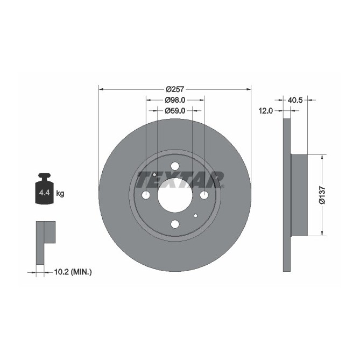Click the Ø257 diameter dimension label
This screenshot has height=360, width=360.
[x=175, y=89]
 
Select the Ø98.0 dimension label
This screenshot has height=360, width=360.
[x=175, y=100]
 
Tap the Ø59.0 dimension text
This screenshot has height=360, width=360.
[x=175, y=110]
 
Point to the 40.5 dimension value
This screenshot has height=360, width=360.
[x=295, y=100]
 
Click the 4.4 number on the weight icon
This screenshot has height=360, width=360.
[x=43, y=193]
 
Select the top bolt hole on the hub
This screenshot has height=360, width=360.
[x=175, y=166]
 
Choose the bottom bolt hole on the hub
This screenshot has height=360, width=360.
[x=175, y=224]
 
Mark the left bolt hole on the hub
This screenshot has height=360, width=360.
[x=146, y=195]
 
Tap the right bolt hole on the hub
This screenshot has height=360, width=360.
[x=204, y=195]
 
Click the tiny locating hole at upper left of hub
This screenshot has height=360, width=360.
[x=155, y=174]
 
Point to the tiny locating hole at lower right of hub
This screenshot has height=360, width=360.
[x=195, y=216]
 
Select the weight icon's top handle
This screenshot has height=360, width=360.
[x=44, y=175]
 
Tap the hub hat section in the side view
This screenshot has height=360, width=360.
[x=299, y=195]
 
